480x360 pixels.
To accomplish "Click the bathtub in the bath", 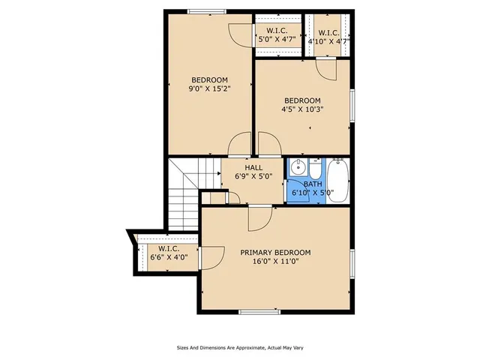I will click(338, 181).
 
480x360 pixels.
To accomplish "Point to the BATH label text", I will click(313, 184).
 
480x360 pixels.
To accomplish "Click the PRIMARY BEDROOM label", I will click(275, 253).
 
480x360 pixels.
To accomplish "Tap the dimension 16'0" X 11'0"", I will click(275, 262).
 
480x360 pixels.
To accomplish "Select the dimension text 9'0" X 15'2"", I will click(208, 89).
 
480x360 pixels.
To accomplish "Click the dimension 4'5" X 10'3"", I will click(301, 110).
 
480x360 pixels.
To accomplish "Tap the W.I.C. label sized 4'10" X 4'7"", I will click(328, 33).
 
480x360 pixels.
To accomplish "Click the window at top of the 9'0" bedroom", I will click(208, 10).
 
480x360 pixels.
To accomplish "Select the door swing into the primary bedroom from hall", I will click(259, 217).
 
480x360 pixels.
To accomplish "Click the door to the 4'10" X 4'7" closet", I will click(326, 69).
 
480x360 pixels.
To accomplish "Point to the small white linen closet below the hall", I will click(215, 196).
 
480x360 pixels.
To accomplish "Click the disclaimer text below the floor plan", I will click(239, 348).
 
